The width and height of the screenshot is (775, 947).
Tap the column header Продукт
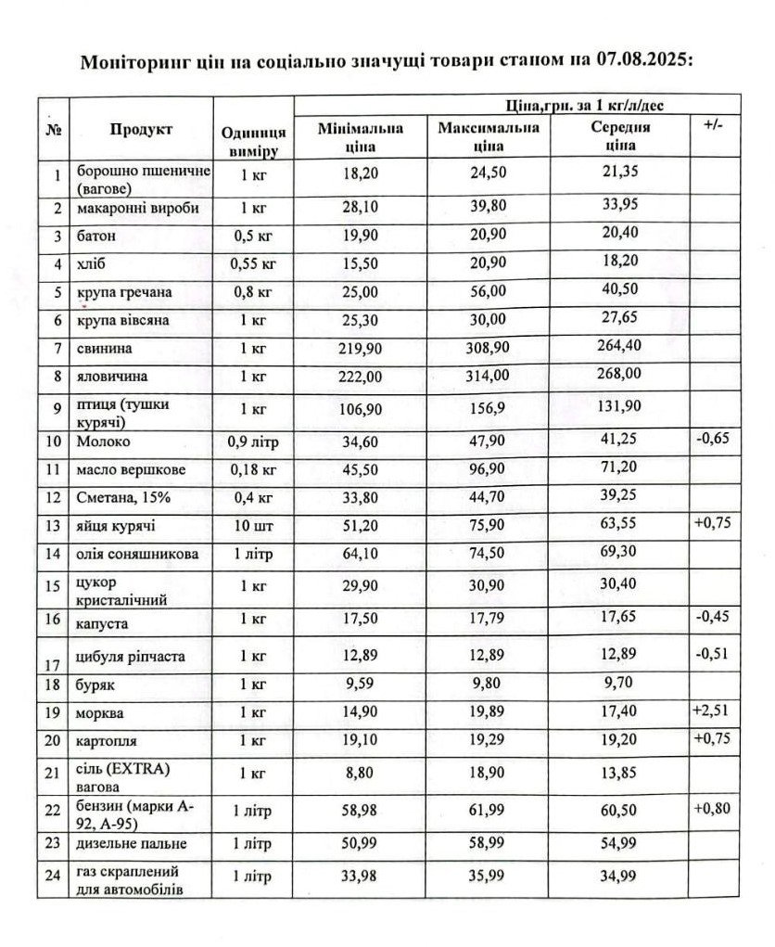(x=141, y=130)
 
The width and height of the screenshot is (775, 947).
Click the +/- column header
(x=713, y=125)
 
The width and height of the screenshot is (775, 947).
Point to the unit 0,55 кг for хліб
(x=253, y=264)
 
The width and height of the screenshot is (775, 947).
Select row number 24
(x=53, y=877)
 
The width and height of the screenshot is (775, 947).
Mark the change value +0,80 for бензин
(x=712, y=808)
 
